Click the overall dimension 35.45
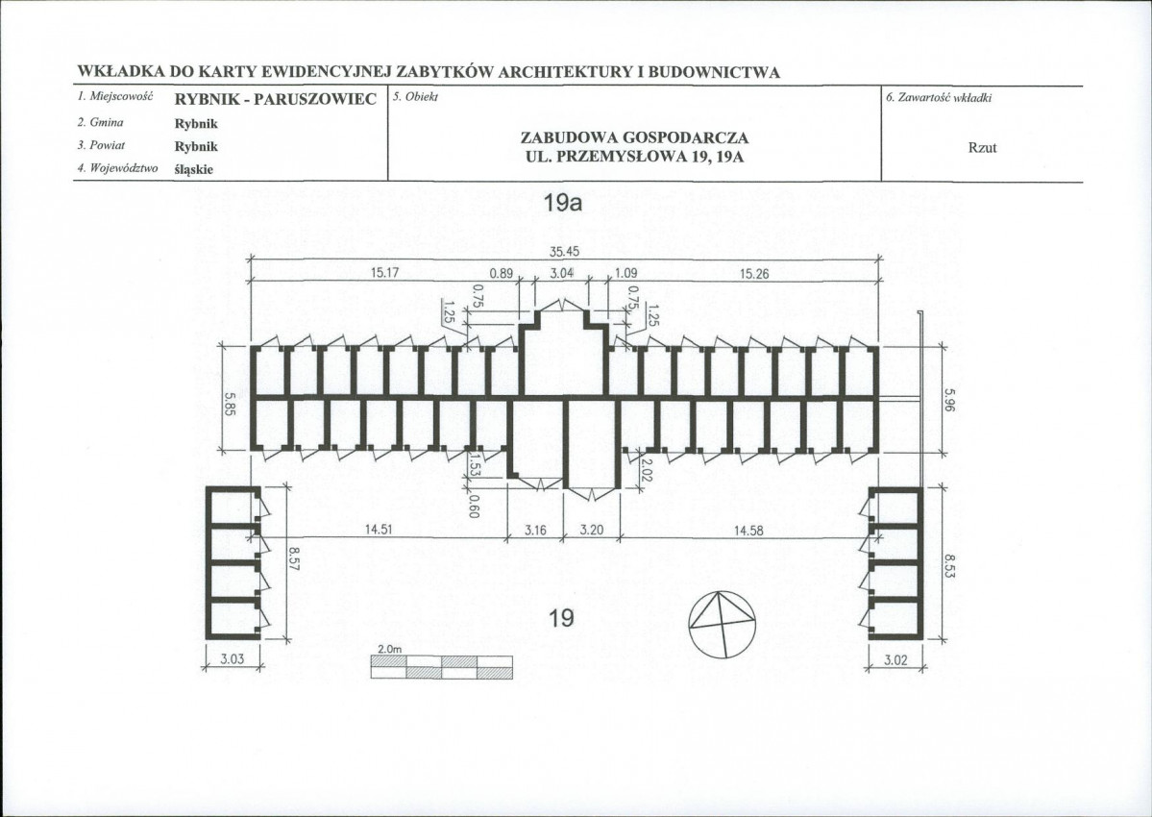click(x=564, y=251)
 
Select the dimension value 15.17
click(x=384, y=273)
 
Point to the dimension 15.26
click(x=754, y=274)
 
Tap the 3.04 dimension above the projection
click(x=561, y=273)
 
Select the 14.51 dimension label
click(x=378, y=530)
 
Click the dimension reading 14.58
click(x=748, y=531)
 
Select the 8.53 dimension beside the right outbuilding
click(x=949, y=566)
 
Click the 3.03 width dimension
click(x=233, y=659)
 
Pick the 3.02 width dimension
click(x=895, y=659)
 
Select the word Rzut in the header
click(x=982, y=147)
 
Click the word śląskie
click(x=194, y=170)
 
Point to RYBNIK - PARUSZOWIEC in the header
click(x=276, y=99)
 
